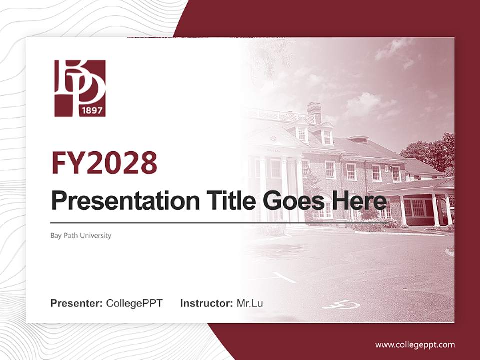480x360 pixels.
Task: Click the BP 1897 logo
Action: (x=80, y=88)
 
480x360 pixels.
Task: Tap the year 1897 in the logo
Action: (x=92, y=110)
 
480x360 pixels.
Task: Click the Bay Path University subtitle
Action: (x=81, y=235)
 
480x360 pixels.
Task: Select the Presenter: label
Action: (x=77, y=303)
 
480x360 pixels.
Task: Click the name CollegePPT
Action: (x=134, y=303)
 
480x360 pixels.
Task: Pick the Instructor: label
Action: (x=207, y=303)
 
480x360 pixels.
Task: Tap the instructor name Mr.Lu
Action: (x=250, y=303)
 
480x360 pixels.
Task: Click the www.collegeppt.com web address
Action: (x=415, y=345)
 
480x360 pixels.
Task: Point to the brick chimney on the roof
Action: (x=314, y=111)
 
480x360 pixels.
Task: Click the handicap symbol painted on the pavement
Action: (x=342, y=304)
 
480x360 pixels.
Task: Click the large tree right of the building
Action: (x=431, y=152)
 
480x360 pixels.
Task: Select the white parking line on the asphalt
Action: (x=284, y=277)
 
